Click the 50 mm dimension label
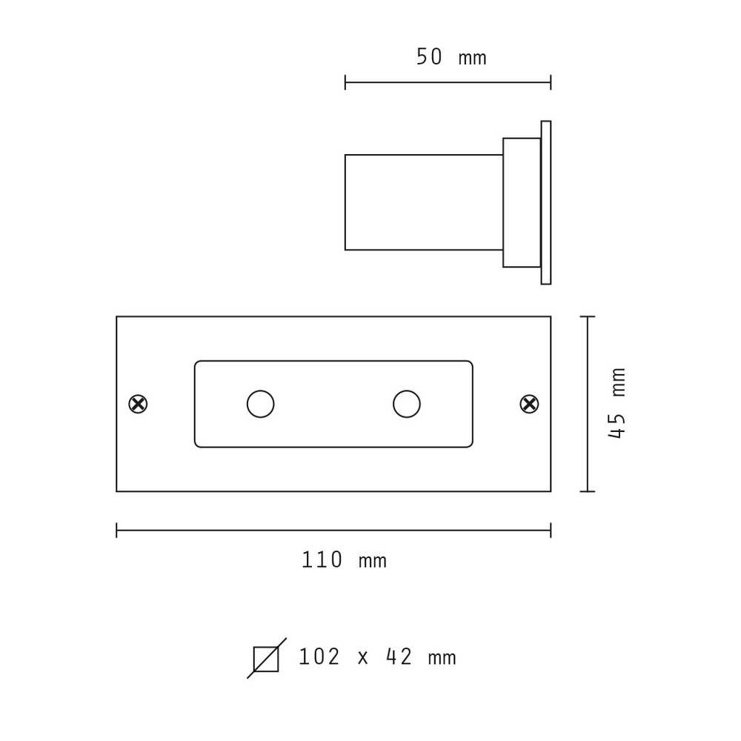(451, 57)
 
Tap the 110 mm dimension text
(344, 560)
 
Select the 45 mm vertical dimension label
(617, 403)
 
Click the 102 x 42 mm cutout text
(378, 657)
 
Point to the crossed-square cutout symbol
(266, 659)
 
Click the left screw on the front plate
(138, 404)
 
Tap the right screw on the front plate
(529, 404)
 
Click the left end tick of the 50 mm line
(345, 82)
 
